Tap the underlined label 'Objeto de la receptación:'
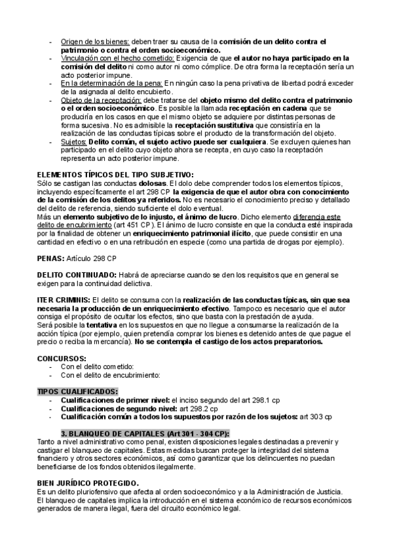100,100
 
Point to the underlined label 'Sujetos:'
73,142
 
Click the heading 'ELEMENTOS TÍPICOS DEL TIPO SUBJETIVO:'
115,174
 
